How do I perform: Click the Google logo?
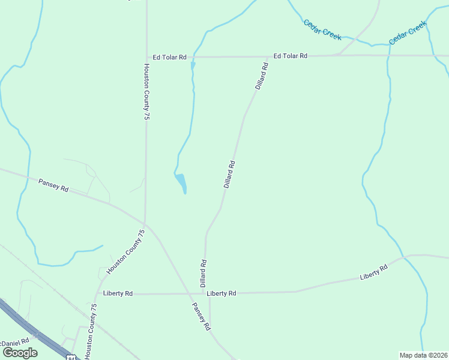coord(19,353)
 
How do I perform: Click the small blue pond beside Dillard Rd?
coord(181,182)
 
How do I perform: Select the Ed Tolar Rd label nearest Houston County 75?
coord(169,58)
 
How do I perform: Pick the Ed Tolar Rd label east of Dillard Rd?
coord(291,56)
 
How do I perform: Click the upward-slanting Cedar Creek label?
coord(408,33)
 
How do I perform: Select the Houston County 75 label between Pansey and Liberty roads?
coord(126,252)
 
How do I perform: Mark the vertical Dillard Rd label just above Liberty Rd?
coord(203,272)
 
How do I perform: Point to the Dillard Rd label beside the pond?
coord(229,174)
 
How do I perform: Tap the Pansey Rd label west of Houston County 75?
coord(53,185)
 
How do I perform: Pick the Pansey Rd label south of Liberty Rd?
coord(200,316)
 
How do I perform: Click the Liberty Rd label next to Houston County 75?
coord(118,293)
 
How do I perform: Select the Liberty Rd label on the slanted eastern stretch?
coord(373,271)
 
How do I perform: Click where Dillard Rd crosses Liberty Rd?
coord(208,293)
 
